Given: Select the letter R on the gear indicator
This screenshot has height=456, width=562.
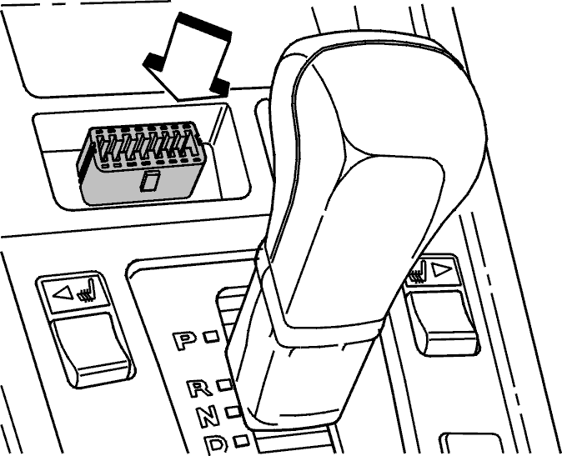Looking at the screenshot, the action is tap(199, 388).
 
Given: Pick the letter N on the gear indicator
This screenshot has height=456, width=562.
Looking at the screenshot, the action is tap(208, 415).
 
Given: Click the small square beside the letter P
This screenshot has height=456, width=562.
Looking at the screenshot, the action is tap(211, 337).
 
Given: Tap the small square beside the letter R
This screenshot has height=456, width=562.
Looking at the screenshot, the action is tap(225, 385).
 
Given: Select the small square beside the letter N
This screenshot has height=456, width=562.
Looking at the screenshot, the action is tap(233, 412).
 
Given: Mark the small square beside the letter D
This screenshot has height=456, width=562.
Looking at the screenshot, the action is tap(241, 441).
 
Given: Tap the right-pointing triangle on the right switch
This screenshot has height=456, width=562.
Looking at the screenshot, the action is tap(442, 270).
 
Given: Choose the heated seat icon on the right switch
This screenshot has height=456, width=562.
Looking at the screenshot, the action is tap(418, 272).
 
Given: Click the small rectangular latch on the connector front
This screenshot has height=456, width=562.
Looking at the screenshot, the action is tap(149, 181).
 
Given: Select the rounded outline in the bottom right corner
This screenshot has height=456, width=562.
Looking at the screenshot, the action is tap(470, 443).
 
